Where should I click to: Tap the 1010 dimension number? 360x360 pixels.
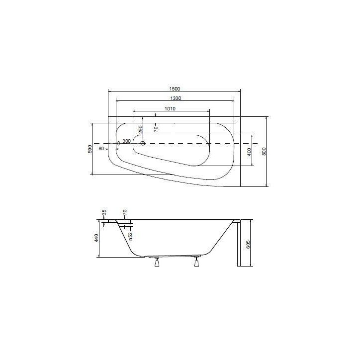[171, 108]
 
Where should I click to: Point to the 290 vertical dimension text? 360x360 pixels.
[141, 130]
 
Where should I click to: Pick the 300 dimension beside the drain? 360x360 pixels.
[126, 141]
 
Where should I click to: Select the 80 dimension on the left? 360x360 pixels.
[101, 148]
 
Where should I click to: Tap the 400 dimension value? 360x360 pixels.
[250, 151]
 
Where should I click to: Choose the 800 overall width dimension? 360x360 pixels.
[265, 151]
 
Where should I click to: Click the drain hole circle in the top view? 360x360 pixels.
[143, 144]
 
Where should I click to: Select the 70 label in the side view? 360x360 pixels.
[125, 212]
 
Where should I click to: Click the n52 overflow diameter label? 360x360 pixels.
[130, 235]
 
